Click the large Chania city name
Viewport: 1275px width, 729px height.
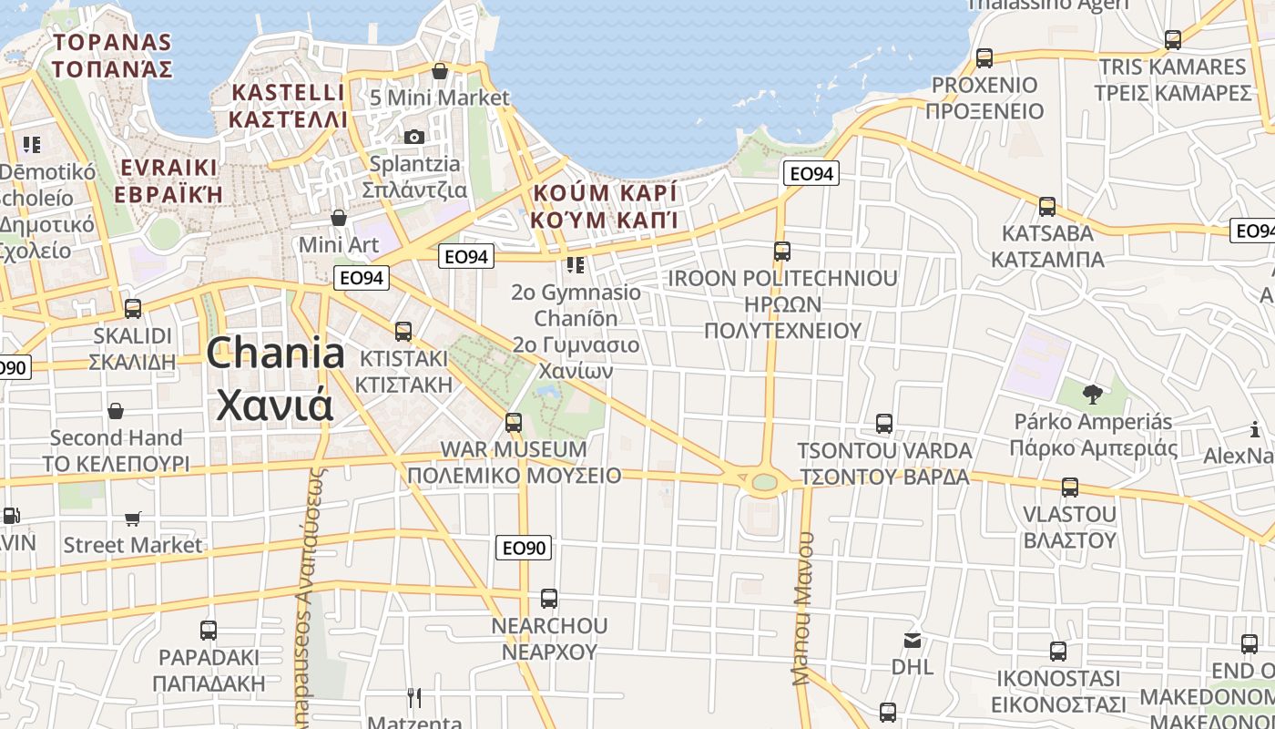(x=275, y=378)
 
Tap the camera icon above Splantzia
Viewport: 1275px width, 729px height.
(x=414, y=137)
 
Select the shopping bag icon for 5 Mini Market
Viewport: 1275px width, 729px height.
(x=440, y=71)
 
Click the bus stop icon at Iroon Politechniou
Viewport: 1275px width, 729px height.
(x=782, y=252)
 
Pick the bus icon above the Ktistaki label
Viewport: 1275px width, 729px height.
(x=403, y=332)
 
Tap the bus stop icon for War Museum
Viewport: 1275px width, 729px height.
(x=514, y=423)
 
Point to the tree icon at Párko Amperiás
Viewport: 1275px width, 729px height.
(x=1092, y=395)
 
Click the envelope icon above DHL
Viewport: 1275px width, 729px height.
(x=913, y=641)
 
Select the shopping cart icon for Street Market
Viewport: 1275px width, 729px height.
(x=133, y=519)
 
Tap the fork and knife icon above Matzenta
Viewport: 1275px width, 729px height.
(x=414, y=698)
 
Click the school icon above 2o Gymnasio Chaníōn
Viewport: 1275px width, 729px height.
(x=575, y=265)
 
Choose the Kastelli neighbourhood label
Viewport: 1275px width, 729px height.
(x=288, y=106)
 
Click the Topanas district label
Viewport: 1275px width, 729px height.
(x=112, y=55)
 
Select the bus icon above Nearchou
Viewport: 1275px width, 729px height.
(x=548, y=599)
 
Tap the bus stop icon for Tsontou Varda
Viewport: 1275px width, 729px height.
(x=883, y=424)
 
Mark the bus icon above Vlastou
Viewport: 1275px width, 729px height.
(x=1069, y=488)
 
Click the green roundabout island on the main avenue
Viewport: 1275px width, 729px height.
(x=764, y=481)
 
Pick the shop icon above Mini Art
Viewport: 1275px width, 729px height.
(x=339, y=218)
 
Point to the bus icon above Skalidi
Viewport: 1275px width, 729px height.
(x=133, y=309)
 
